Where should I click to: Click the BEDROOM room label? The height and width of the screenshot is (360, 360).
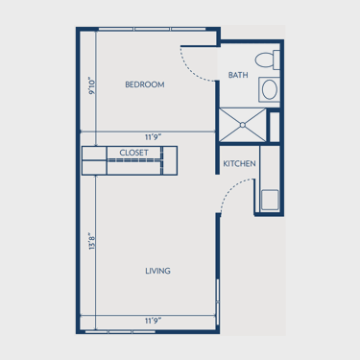tap(145, 84)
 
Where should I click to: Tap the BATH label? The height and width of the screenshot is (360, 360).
tap(238, 75)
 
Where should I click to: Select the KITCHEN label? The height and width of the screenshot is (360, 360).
tap(239, 163)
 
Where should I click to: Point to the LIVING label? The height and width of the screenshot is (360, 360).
tap(157, 271)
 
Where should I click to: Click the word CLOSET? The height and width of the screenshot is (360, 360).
tap(133, 153)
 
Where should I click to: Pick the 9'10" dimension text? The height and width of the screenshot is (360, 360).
tap(92, 85)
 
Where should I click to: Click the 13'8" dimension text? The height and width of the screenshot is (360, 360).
tap(92, 241)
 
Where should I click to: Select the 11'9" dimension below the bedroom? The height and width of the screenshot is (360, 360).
tap(153, 137)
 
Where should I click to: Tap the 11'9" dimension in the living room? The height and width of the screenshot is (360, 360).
tap(153, 321)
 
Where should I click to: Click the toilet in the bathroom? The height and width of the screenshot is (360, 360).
tap(268, 60)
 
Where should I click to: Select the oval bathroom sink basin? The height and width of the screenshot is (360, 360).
tap(270, 89)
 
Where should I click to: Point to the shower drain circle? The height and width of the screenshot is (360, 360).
tap(243, 125)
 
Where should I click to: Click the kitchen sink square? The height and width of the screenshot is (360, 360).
tap(270, 200)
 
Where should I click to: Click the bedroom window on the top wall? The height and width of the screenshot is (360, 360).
tap(152, 29)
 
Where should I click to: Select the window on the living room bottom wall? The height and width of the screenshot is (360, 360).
tap(120, 332)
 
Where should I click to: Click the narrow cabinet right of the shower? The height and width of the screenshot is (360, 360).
tap(275, 127)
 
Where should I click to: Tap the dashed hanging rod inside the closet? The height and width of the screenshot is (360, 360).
tap(133, 160)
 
